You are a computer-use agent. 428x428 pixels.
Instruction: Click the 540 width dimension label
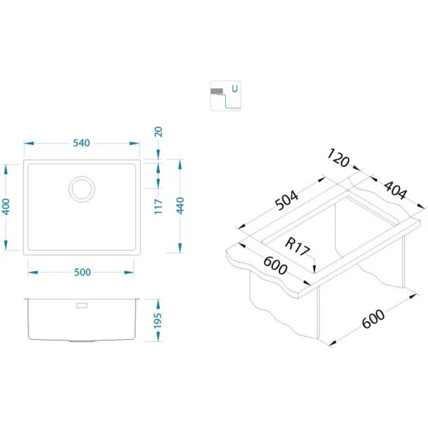coord(81,143)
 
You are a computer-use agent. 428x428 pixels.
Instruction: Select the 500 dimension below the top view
coord(82,272)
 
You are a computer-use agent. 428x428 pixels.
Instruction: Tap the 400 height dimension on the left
coord(6,207)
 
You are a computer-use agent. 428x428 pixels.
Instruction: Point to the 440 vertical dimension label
coord(180,205)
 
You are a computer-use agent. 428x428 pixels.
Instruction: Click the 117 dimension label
coord(158,207)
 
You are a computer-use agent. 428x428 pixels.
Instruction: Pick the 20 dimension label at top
coord(158,132)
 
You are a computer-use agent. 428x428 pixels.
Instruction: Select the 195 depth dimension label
coord(158,320)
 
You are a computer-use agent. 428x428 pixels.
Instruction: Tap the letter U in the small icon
coord(234,88)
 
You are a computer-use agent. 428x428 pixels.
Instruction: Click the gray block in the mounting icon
coord(217,91)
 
